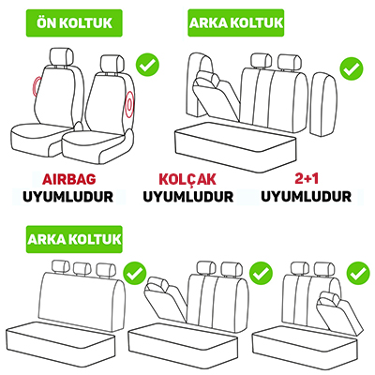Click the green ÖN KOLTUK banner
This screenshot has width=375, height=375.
74,23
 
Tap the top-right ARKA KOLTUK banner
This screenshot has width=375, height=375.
236,23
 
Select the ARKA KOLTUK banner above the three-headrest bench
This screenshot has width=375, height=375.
74,239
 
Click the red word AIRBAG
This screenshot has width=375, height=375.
69,179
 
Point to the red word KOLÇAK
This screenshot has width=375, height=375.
187,179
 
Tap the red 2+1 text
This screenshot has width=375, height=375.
307,178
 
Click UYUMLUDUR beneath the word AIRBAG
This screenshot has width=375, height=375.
68,197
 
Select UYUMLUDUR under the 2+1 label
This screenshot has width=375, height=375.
307,197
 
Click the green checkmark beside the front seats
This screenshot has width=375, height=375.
147,65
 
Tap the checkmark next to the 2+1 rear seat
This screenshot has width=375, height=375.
352,69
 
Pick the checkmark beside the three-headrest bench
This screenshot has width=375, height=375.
135,273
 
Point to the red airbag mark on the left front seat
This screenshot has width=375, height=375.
36,85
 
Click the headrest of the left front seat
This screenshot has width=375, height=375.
62,56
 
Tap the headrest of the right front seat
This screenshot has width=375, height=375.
112,64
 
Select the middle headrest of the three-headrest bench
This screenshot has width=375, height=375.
82,269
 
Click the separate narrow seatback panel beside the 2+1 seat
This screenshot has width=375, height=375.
324,104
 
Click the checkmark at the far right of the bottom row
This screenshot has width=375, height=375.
358,274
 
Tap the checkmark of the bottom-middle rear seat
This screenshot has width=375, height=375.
261,274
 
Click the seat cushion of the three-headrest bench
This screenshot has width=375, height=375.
61,343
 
